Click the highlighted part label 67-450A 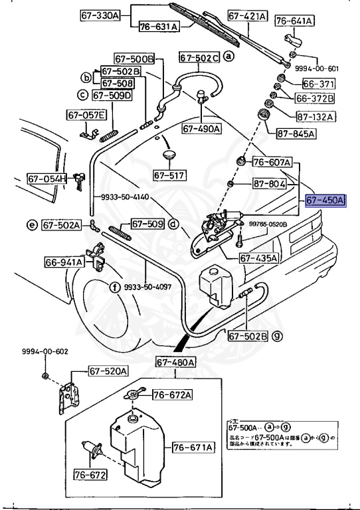point(325,201)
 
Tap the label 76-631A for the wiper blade point(159,27)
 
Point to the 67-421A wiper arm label point(247,15)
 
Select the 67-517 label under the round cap point(169,175)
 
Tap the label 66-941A point(64,262)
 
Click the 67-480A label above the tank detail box point(175,362)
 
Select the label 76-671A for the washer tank point(193,448)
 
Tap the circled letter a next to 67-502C point(228,57)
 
